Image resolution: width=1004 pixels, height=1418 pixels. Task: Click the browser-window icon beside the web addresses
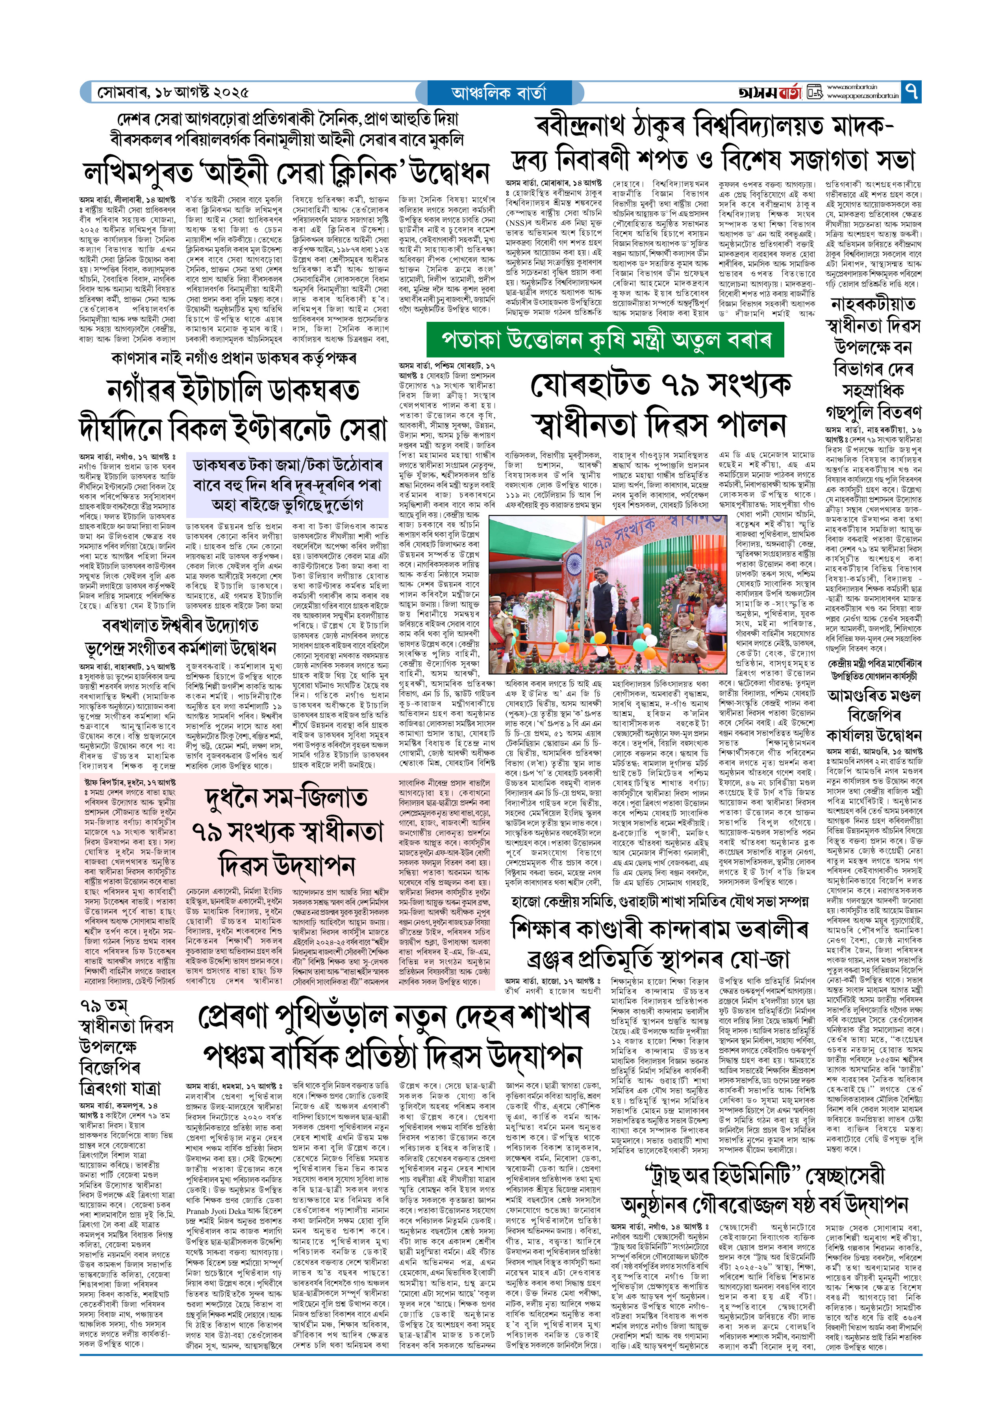tap(815, 92)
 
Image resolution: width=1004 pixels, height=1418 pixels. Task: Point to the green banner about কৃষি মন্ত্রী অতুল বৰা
tap(605, 340)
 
